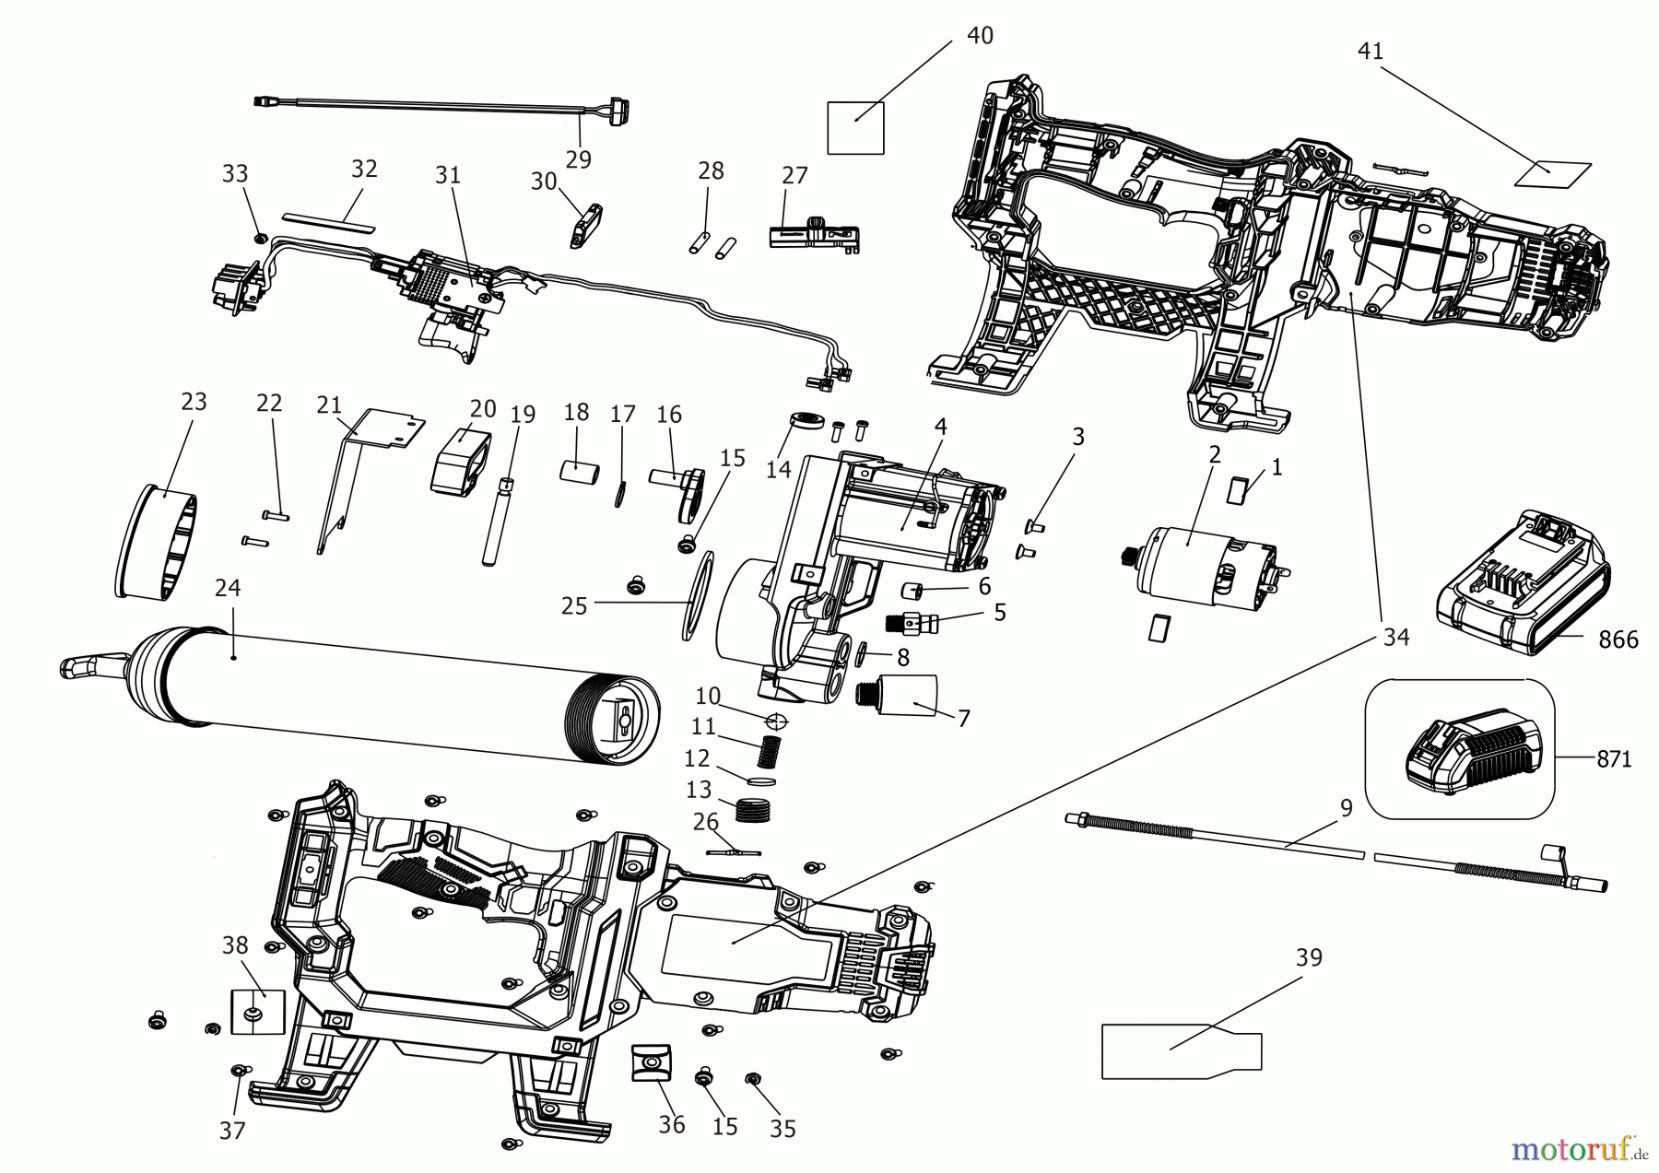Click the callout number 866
tap(1618, 639)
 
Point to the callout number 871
tap(1615, 759)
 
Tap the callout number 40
tap(980, 36)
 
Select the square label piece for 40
tap(855, 127)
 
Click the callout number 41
tap(1371, 52)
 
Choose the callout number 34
tap(1396, 637)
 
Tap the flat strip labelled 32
tap(330, 220)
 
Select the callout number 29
tap(578, 158)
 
